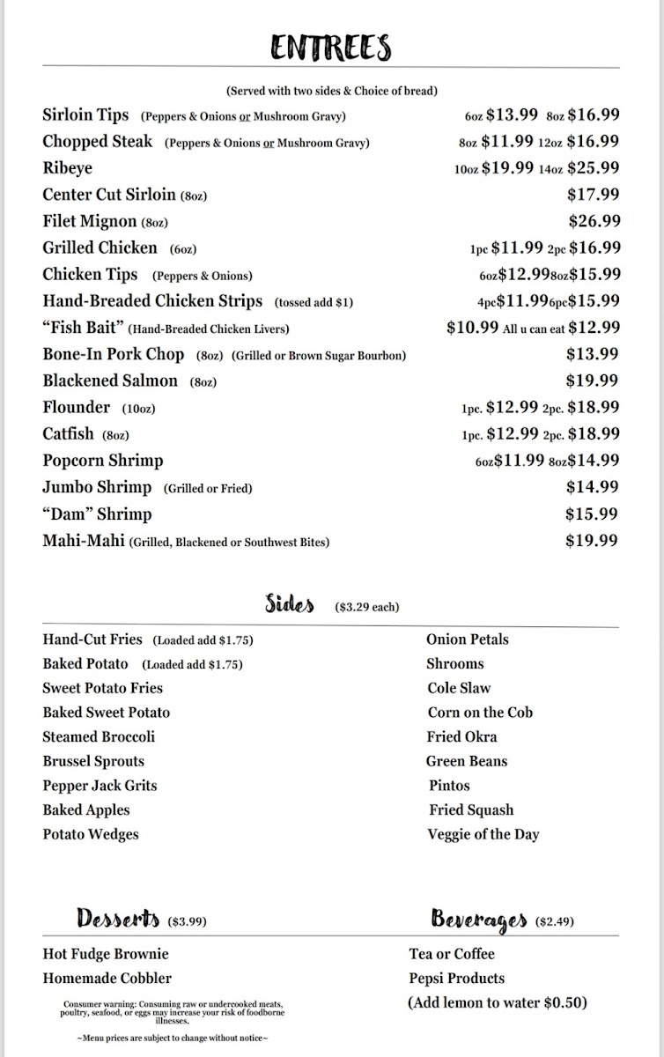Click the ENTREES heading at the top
click(x=331, y=48)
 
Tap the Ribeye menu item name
click(x=67, y=168)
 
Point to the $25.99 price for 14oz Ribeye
click(x=593, y=168)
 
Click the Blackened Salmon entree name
click(x=110, y=381)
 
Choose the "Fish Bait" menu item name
click(x=83, y=328)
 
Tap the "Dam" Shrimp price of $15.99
click(x=592, y=514)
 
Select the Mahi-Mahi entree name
click(x=84, y=541)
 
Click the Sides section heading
click(x=290, y=604)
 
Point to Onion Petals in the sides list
click(x=467, y=639)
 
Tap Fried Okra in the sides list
click(x=461, y=736)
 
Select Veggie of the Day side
click(x=483, y=834)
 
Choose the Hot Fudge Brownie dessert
click(x=105, y=954)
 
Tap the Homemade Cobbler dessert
click(x=107, y=979)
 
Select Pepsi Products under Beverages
click(x=456, y=979)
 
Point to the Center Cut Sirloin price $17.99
click(x=593, y=195)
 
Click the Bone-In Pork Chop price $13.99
click(x=592, y=354)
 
